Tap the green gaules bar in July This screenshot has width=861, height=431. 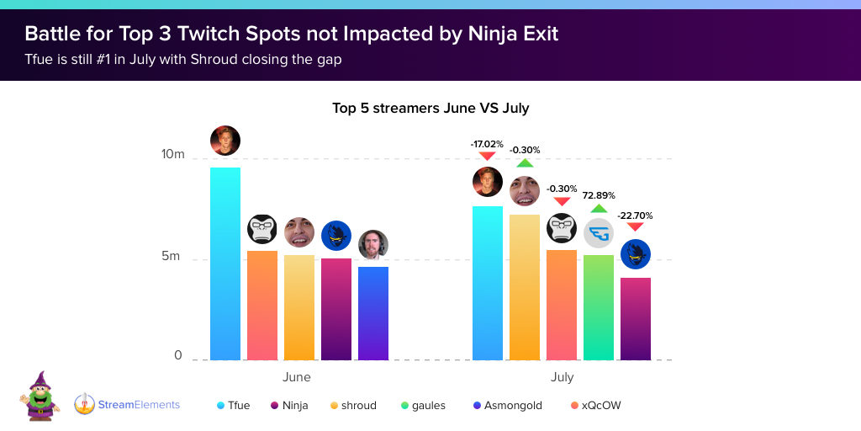(599, 307)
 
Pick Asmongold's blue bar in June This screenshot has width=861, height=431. (373, 313)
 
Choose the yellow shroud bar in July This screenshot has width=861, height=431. (525, 287)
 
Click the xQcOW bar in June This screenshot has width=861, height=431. (262, 305)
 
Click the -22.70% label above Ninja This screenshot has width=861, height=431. (635, 215)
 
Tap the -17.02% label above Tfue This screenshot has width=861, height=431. (487, 144)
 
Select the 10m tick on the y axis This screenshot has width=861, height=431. (173, 155)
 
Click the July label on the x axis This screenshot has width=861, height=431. (562, 377)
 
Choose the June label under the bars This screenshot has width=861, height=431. (297, 377)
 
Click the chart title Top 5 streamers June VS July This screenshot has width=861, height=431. (430, 108)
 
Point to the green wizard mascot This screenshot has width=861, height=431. (40, 396)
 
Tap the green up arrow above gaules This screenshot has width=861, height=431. (598, 208)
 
